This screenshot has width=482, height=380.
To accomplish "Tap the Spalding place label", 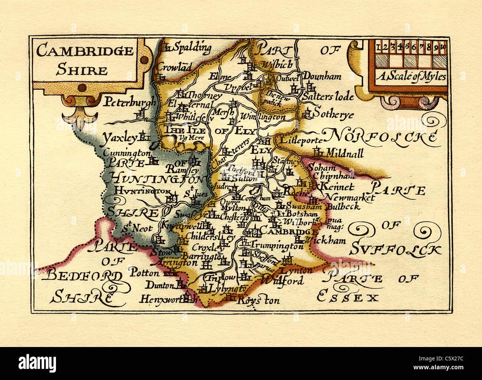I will pyautogui.click(x=192, y=47).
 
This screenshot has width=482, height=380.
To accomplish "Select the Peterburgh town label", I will pyautogui.click(x=129, y=102).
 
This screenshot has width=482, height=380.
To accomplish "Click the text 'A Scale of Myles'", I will pyautogui.click(x=412, y=77).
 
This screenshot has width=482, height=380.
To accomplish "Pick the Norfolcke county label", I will pyautogui.click(x=381, y=136).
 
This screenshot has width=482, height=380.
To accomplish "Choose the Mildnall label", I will pyautogui.click(x=344, y=152).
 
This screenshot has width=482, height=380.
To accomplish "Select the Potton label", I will pyautogui.click(x=145, y=273).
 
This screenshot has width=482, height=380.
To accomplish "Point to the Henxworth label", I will pyautogui.click(x=162, y=299).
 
